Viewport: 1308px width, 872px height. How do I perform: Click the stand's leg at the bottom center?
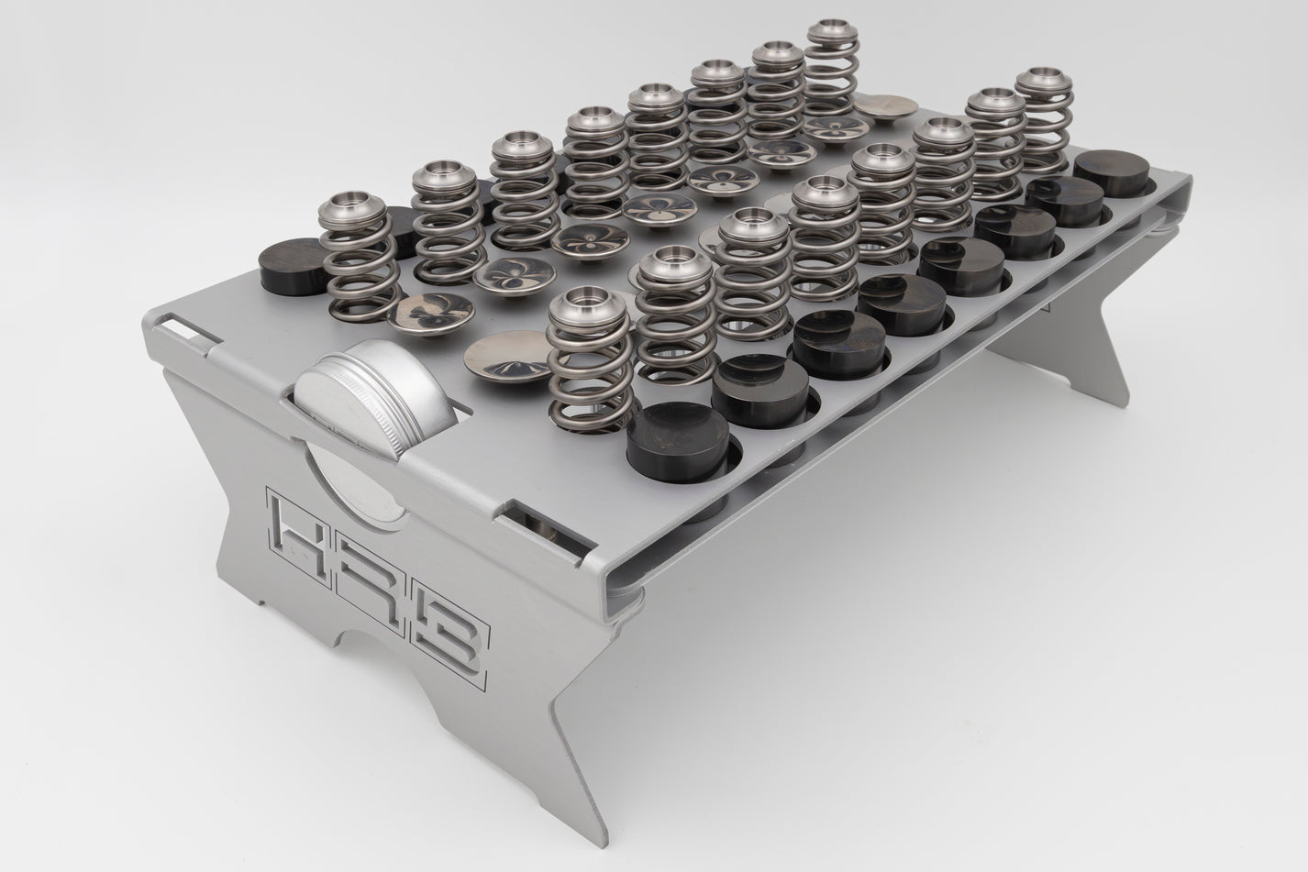(596, 734)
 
